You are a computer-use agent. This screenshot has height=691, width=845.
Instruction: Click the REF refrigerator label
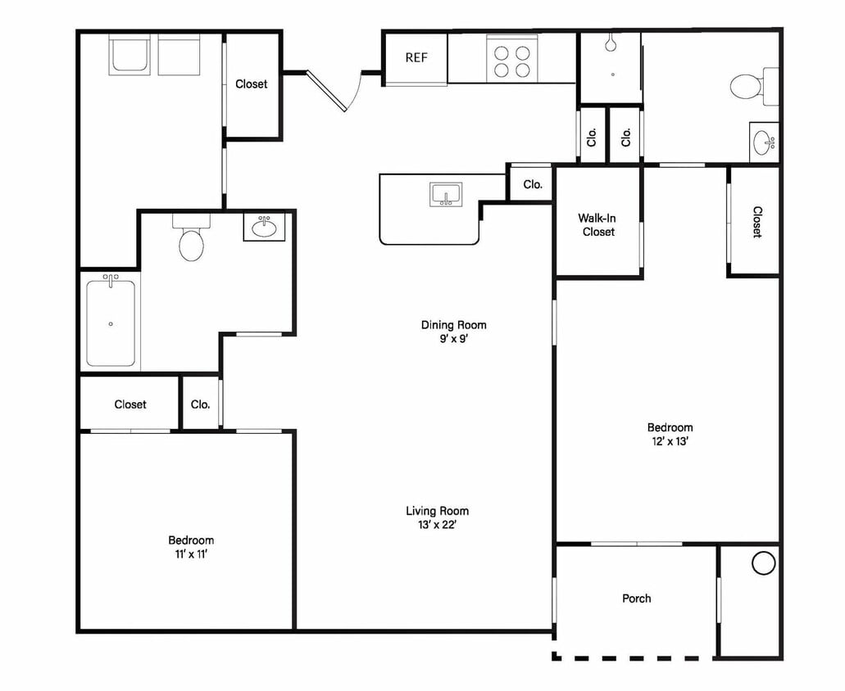pyautogui.click(x=416, y=57)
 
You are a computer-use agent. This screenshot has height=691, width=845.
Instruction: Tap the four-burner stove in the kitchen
pyautogui.click(x=512, y=59)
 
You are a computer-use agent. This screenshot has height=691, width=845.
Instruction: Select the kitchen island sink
pyautogui.click(x=445, y=194)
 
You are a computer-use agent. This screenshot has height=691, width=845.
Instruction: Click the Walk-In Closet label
pyautogui.click(x=597, y=225)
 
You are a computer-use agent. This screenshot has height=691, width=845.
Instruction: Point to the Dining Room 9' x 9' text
pyautogui.click(x=454, y=332)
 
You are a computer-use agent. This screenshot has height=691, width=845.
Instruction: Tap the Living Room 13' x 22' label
pyautogui.click(x=437, y=517)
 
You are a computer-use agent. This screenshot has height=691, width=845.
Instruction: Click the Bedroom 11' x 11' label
pyautogui.click(x=191, y=547)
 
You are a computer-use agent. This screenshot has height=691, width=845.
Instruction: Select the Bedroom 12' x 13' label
pyautogui.click(x=670, y=434)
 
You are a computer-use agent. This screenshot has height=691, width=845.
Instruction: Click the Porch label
pyautogui.click(x=637, y=598)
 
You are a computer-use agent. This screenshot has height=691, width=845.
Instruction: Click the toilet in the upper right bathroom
pyautogui.click(x=753, y=86)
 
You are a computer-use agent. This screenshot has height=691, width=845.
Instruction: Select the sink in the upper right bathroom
pyautogui.click(x=764, y=142)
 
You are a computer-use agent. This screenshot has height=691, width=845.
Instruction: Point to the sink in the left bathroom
pyautogui.click(x=264, y=227)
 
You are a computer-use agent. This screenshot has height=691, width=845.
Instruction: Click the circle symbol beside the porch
pyautogui.click(x=763, y=563)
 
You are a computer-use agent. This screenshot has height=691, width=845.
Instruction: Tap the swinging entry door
pyautogui.click(x=326, y=91)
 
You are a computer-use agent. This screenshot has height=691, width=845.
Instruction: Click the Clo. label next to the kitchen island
pyautogui.click(x=533, y=184)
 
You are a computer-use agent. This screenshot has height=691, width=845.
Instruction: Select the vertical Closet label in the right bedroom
pyautogui.click(x=757, y=222)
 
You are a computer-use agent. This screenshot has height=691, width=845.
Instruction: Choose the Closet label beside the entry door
pyautogui.click(x=251, y=84)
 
